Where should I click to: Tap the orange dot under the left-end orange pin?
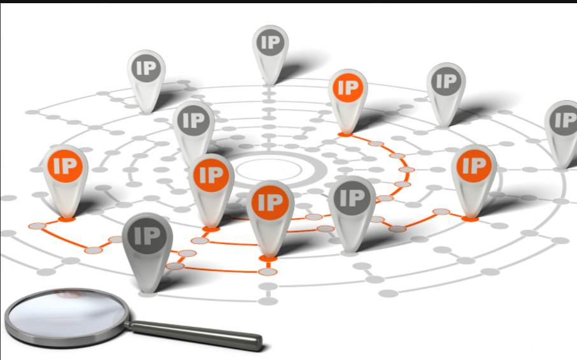[x=66, y=219]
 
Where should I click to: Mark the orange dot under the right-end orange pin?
[x=470, y=219]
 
